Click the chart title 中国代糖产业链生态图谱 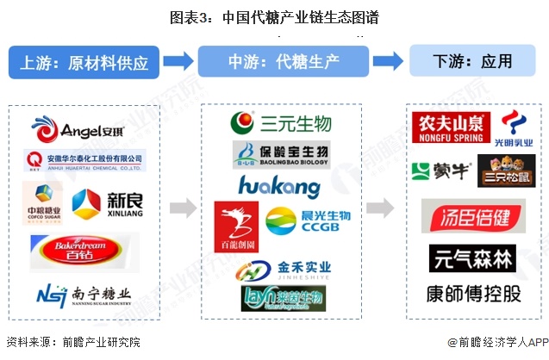click(x=274, y=16)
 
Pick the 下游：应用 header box click(x=472, y=62)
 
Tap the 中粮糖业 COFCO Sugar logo click(x=42, y=203)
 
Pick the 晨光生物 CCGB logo click(x=296, y=220)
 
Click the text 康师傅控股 click(x=473, y=294)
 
